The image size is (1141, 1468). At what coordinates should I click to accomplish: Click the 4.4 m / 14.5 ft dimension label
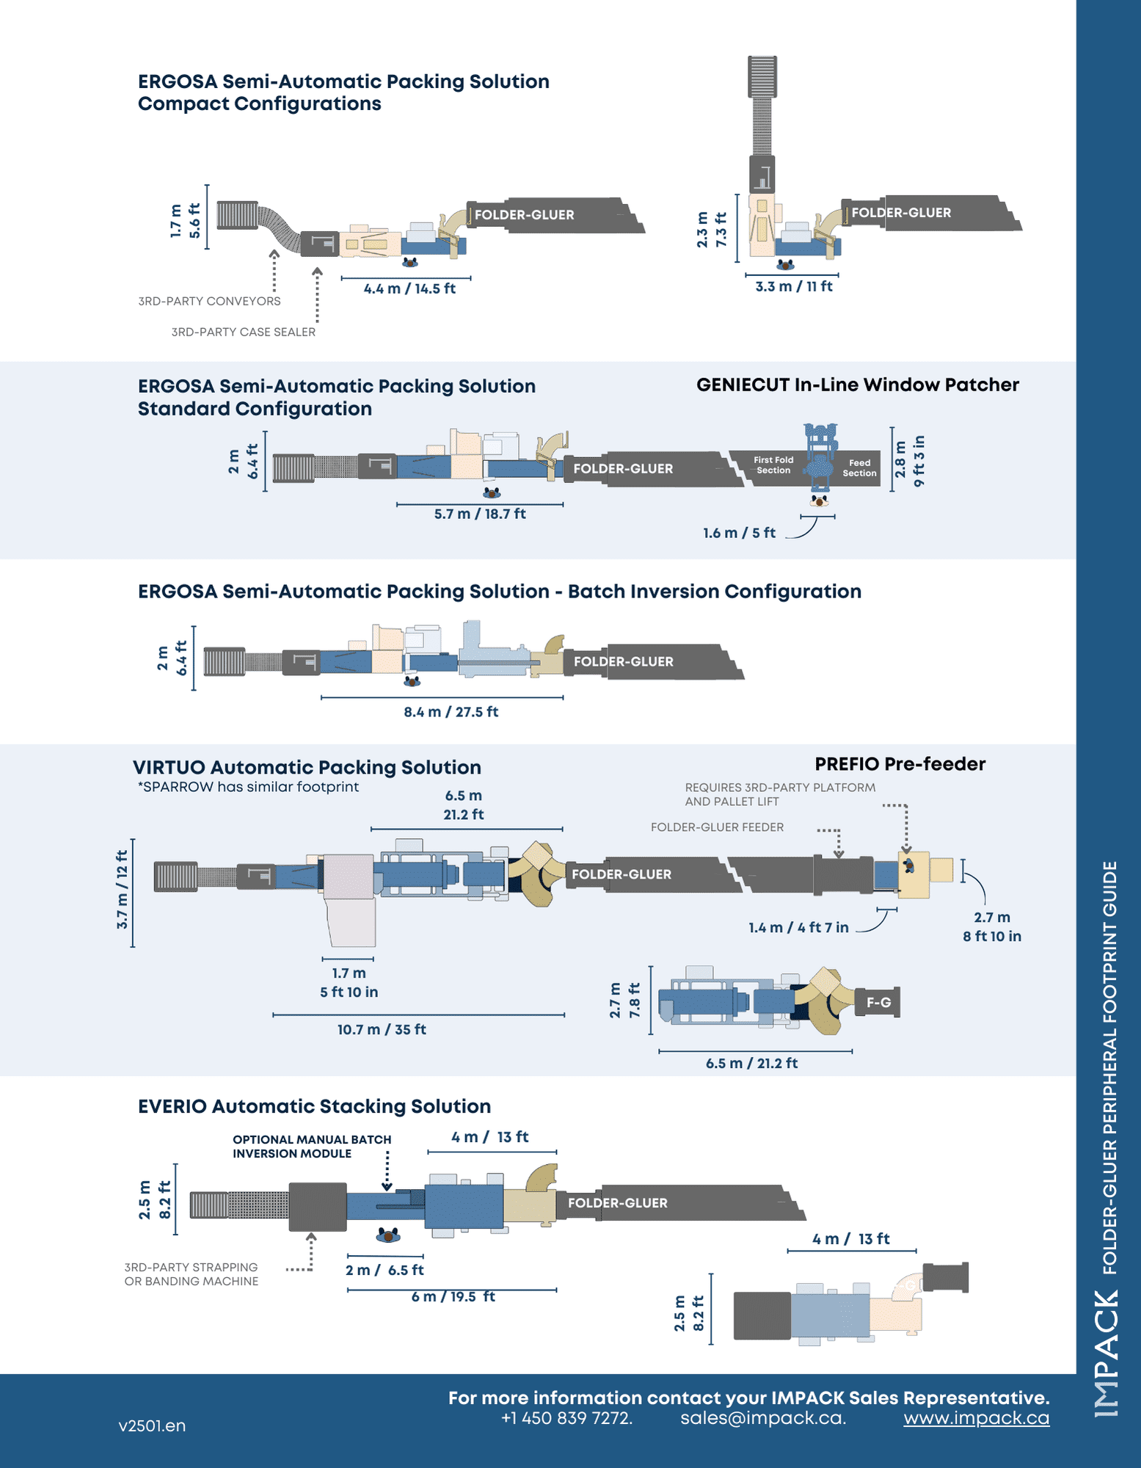coord(409,288)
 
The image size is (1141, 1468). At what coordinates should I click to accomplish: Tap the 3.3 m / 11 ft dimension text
coord(794,286)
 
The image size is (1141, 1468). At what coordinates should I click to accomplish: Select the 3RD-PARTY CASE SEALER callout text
coord(243,332)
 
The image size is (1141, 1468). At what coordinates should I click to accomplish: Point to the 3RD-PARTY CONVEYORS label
coord(209,301)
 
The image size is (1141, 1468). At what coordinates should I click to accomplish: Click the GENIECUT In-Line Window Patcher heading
coord(857,385)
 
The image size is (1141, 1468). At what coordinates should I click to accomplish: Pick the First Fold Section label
coord(773,465)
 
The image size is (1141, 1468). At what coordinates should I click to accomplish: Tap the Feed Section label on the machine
coord(859,468)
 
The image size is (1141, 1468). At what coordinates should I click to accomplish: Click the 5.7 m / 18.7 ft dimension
coord(480,514)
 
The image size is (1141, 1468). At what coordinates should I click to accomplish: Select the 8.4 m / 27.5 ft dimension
coord(451,712)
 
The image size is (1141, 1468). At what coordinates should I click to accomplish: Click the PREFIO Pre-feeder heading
coord(900,764)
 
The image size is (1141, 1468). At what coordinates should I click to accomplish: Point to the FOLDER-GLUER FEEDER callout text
coord(717,827)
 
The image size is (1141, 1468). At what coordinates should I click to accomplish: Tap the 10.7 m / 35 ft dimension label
coord(382,1030)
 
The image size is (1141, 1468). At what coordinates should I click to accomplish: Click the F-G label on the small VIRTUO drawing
coord(878,1003)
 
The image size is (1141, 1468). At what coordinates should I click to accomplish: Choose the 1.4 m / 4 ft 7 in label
coord(798,928)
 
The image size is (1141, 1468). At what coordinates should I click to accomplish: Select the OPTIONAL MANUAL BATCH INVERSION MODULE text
coord(312,1147)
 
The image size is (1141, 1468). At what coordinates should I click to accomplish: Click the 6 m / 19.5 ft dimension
coord(453,1297)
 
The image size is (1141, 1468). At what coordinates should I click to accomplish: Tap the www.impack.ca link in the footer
coord(976,1418)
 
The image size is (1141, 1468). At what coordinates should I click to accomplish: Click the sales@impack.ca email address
coord(763,1418)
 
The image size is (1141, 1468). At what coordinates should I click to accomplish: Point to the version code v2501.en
coord(152,1426)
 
